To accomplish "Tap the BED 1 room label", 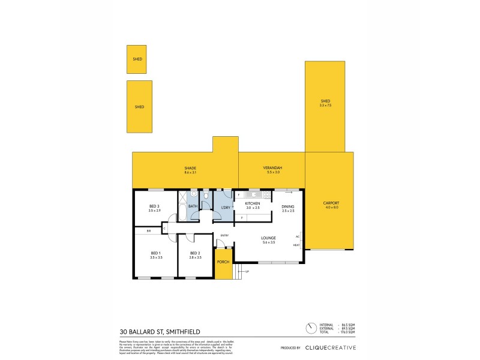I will click(x=156, y=254).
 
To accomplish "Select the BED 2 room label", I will click(x=195, y=254).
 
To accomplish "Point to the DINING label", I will click(x=288, y=208).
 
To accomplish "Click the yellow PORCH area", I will click(x=223, y=263).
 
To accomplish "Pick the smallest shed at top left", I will click(x=136, y=59).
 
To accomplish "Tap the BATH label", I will click(x=193, y=206).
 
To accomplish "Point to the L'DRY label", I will click(x=226, y=208).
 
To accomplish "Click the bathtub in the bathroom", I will click(x=182, y=211).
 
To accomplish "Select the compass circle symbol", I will click(x=311, y=329).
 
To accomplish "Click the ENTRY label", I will click(x=224, y=235).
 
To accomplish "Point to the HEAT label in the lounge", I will click(x=296, y=245).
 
